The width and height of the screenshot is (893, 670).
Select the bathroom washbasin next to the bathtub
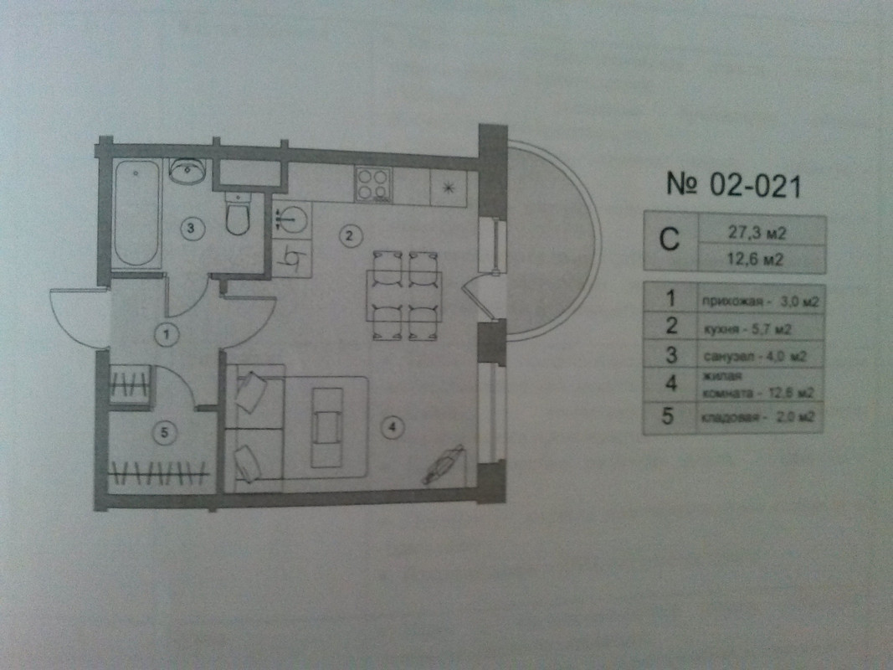point(188,171)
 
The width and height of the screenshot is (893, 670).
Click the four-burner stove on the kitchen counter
point(372,183)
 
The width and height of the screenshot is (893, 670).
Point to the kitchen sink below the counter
point(290,220)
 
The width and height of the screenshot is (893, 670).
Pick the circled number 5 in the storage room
point(165,432)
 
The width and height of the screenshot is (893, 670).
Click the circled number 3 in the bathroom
point(191,227)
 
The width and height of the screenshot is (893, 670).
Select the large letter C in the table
point(670,242)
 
